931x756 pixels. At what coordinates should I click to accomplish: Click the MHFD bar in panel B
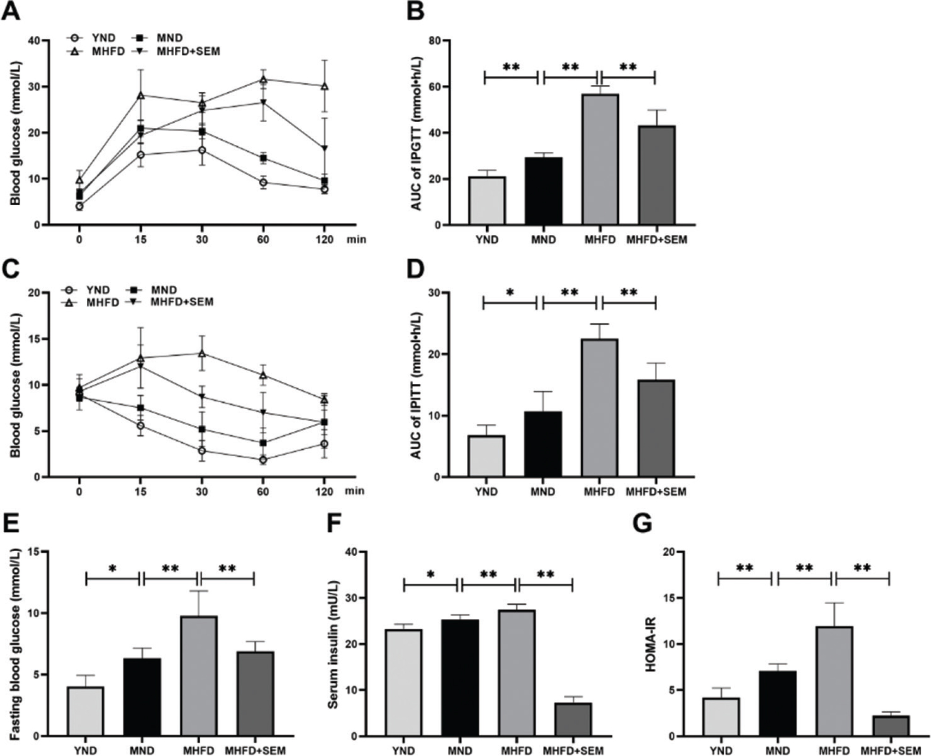pyautogui.click(x=599, y=160)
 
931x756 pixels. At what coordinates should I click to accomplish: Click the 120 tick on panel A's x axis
pyautogui.click(x=324, y=239)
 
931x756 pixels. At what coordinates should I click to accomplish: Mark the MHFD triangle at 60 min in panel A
pyautogui.click(x=263, y=79)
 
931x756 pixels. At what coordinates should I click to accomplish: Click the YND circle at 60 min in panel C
pyautogui.click(x=263, y=459)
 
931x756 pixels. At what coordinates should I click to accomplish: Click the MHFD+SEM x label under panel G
pyautogui.click(x=891, y=750)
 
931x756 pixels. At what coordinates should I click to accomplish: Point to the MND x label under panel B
pyautogui.click(x=543, y=240)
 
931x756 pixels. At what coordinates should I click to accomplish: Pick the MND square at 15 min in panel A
pyautogui.click(x=141, y=128)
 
